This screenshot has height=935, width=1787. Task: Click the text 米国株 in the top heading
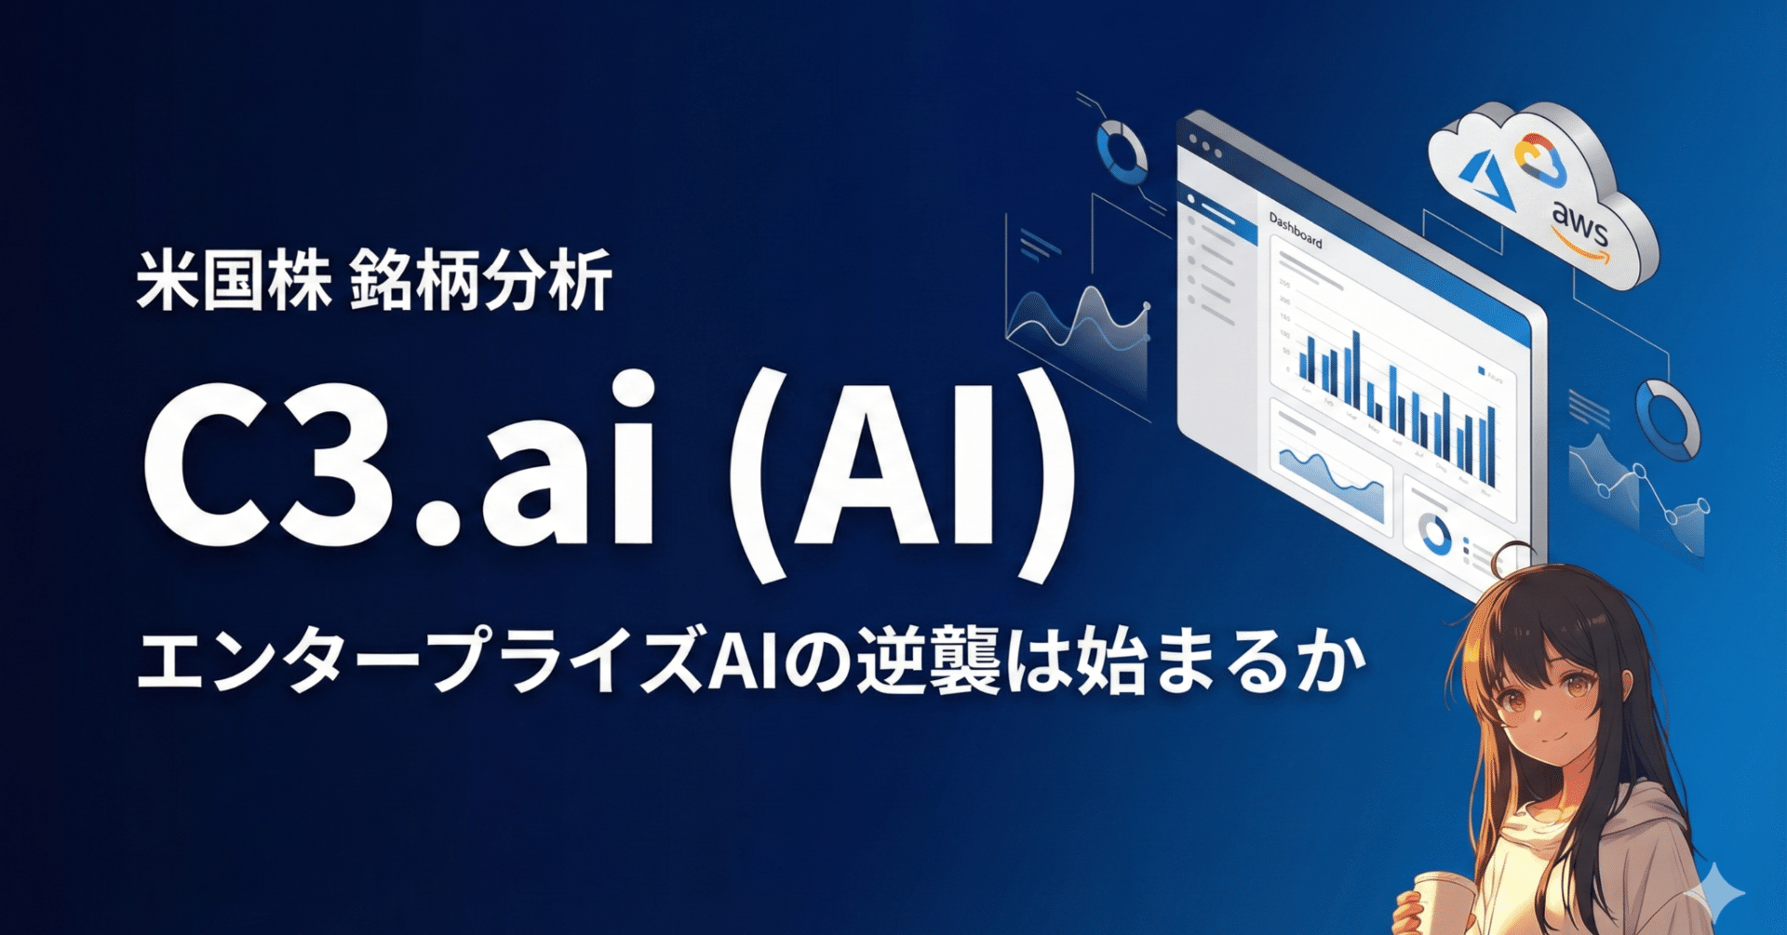(x=234, y=280)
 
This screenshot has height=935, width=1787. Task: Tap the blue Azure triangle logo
(x=1486, y=175)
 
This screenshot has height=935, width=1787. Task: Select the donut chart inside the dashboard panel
(x=1434, y=534)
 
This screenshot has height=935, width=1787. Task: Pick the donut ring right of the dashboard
(x=1667, y=419)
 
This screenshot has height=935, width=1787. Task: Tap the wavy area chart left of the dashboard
(x=1080, y=321)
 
